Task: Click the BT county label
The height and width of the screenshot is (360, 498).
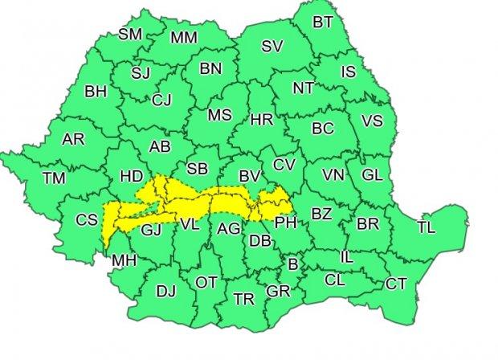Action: (x=323, y=22)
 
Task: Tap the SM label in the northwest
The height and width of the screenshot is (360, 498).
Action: (x=129, y=34)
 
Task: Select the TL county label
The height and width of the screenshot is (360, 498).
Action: (x=427, y=228)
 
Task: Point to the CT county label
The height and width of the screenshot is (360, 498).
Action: (x=395, y=283)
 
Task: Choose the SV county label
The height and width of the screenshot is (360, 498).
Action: (x=272, y=47)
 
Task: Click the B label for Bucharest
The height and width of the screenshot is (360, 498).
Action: (x=293, y=263)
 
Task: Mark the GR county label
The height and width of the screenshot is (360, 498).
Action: (x=278, y=291)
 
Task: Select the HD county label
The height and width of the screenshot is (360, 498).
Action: (x=130, y=176)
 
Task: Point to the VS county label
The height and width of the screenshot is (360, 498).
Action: (x=372, y=121)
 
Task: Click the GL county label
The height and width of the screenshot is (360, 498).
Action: (x=372, y=174)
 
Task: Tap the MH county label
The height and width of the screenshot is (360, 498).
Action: (x=124, y=260)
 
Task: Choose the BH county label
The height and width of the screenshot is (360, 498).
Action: (x=96, y=92)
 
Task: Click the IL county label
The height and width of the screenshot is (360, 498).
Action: (x=347, y=258)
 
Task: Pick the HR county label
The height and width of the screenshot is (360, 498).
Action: (x=262, y=120)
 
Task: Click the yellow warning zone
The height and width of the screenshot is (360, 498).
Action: (x=193, y=201)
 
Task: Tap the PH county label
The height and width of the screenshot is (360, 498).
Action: (x=286, y=223)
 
